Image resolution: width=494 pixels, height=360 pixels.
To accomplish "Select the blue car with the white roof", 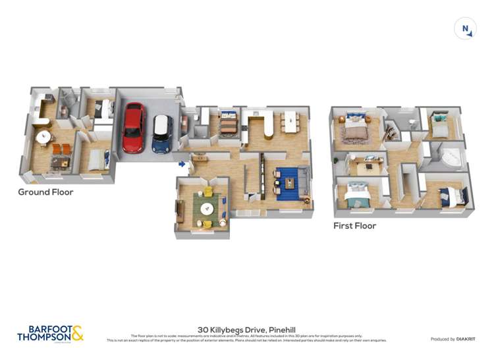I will [x=162, y=134].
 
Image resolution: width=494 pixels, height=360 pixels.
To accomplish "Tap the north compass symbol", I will [x=465, y=29].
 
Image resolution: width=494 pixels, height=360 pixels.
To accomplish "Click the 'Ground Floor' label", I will [x=45, y=192].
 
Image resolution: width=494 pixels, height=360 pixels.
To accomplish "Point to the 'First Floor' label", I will [x=355, y=226].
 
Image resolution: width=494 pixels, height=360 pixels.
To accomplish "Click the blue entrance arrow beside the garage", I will [x=182, y=163].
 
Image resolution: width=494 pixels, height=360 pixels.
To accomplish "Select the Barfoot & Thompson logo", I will [x=50, y=333].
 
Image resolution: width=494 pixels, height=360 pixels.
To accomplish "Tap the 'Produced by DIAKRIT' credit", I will [x=452, y=339].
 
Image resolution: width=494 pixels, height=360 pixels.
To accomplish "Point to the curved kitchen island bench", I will [x=269, y=125].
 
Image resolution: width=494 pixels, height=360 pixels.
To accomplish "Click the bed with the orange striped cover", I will [x=228, y=123].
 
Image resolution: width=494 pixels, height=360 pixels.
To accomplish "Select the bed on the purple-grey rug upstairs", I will [x=356, y=129].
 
